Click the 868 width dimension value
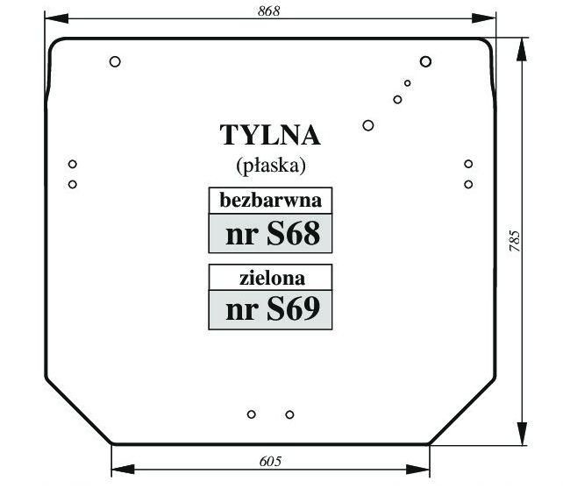tap(268, 11)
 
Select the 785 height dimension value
tap(515, 241)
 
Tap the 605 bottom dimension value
tap(270, 461)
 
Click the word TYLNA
tap(270, 135)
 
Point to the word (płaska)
tap(271, 166)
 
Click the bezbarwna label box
tap(270, 201)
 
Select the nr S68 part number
tap(273, 233)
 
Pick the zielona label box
tap(270, 278)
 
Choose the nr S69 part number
tap(273, 309)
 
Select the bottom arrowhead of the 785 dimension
tap(522, 434)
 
